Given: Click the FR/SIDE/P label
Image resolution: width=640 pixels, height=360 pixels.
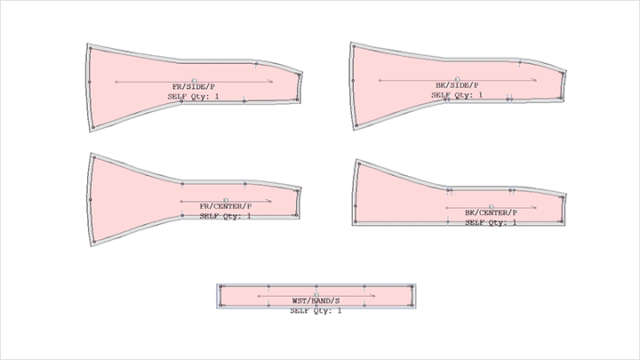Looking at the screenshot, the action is pyautogui.click(x=194, y=87).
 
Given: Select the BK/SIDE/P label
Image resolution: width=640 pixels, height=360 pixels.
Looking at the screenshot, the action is pyautogui.click(x=457, y=85).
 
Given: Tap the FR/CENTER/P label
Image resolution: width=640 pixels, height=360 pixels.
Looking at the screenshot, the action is pyautogui.click(x=225, y=206).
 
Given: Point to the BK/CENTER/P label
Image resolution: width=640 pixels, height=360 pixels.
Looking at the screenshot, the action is pyautogui.click(x=491, y=212).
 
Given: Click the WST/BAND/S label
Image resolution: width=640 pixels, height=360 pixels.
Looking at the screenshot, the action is pyautogui.click(x=316, y=300).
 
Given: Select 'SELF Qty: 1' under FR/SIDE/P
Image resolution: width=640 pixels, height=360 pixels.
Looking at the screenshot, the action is pyautogui.click(x=193, y=96).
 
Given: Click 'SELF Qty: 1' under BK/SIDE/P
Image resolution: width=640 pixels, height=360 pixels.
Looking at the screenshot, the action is pyautogui.click(x=457, y=95).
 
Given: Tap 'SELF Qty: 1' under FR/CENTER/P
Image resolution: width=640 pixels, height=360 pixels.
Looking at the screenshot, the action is pyautogui.click(x=225, y=216).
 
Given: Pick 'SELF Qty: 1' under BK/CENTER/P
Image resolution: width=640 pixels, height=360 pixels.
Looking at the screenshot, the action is pyautogui.click(x=491, y=222).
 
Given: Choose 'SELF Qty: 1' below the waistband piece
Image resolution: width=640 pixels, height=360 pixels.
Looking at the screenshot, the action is pyautogui.click(x=316, y=310).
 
